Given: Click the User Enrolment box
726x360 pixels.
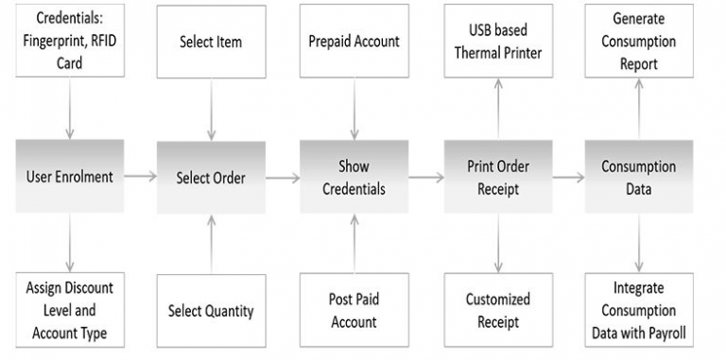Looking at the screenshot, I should [69, 177].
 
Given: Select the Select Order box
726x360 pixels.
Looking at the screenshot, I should [210, 177].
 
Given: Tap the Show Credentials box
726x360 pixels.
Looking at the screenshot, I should [354, 177].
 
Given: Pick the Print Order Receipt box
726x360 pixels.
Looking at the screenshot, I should [498, 177].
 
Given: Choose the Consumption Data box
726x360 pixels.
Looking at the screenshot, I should [639, 177].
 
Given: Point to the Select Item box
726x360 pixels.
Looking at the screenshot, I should [210, 42].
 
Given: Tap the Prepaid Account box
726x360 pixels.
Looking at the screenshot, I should [354, 42].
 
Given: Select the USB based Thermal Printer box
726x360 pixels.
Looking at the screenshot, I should [498, 42].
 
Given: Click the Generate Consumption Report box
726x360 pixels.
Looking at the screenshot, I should [639, 42].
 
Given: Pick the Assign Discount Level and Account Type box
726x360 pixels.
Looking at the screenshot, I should [69, 309].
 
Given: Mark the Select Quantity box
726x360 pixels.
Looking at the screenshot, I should [210, 309].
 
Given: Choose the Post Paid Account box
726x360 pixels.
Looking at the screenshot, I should [354, 309].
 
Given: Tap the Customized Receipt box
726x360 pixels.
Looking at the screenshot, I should [498, 309].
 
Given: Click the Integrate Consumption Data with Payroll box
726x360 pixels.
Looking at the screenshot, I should [639, 309].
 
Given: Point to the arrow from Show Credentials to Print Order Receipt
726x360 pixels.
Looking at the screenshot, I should [426, 177].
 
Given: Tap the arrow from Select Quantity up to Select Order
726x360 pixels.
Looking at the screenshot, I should [210, 244].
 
